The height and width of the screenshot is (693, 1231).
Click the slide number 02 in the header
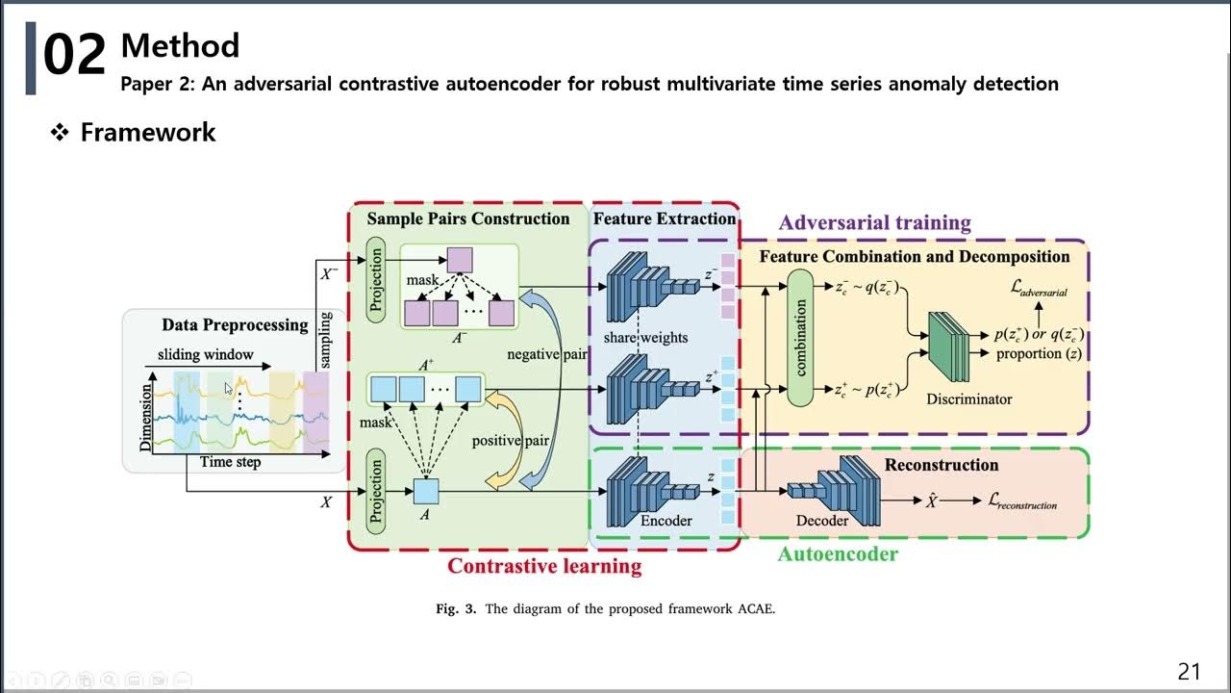74,56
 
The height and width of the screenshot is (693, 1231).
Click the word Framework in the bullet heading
148,133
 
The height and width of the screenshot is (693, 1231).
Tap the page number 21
1189,672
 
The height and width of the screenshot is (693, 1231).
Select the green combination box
800,337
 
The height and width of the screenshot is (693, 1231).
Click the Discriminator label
968,398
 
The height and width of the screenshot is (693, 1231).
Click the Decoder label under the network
822,521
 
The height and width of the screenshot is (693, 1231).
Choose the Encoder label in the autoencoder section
666,521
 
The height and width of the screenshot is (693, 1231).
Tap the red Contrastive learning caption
544,566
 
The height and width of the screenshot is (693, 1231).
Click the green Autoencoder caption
837,554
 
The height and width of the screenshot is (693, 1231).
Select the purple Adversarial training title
874,223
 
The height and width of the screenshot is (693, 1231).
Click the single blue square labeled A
425,491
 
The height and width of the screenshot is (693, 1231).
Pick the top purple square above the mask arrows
459,260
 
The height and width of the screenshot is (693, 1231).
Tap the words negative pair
547,354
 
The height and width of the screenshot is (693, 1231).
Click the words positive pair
510,441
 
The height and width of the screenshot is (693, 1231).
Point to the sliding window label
206,354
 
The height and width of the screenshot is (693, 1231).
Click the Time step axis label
230,462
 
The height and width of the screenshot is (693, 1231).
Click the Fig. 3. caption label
457,608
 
